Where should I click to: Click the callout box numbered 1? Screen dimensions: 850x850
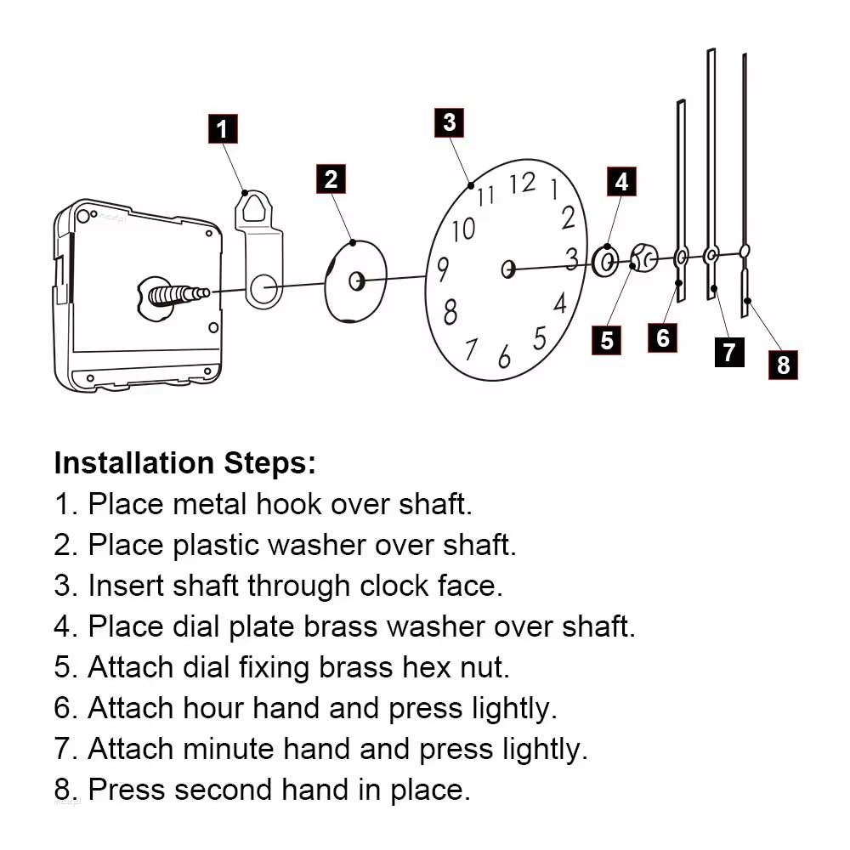tap(223, 130)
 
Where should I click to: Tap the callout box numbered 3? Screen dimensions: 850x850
tap(450, 122)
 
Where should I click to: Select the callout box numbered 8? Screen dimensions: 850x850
tap(783, 365)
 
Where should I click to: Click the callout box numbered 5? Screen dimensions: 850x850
tap(607, 340)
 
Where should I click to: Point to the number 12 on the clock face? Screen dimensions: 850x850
tap(523, 183)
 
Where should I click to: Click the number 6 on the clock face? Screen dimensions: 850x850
tap(505, 356)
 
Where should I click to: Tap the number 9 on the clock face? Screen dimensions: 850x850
tap(443, 270)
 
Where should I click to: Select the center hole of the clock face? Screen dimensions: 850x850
tap(508, 269)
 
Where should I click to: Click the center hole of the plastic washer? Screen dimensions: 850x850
tap(357, 279)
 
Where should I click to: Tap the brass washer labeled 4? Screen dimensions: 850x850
tap(606, 262)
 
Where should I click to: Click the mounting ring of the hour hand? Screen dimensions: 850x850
tap(682, 254)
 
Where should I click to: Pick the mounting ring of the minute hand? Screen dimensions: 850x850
tap(711, 252)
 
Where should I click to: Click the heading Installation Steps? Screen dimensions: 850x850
tap(184, 463)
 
